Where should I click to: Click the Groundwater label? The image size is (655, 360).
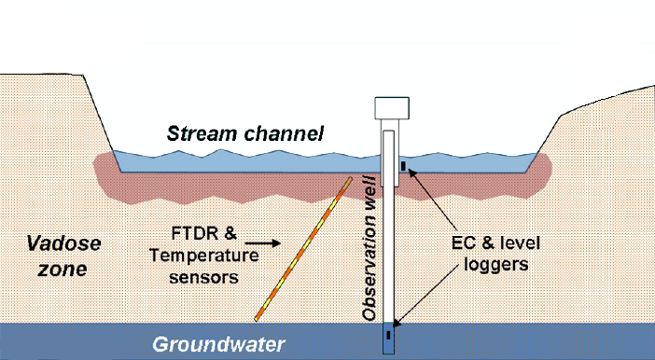click(219, 344)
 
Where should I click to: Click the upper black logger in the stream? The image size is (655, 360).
click(403, 168)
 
